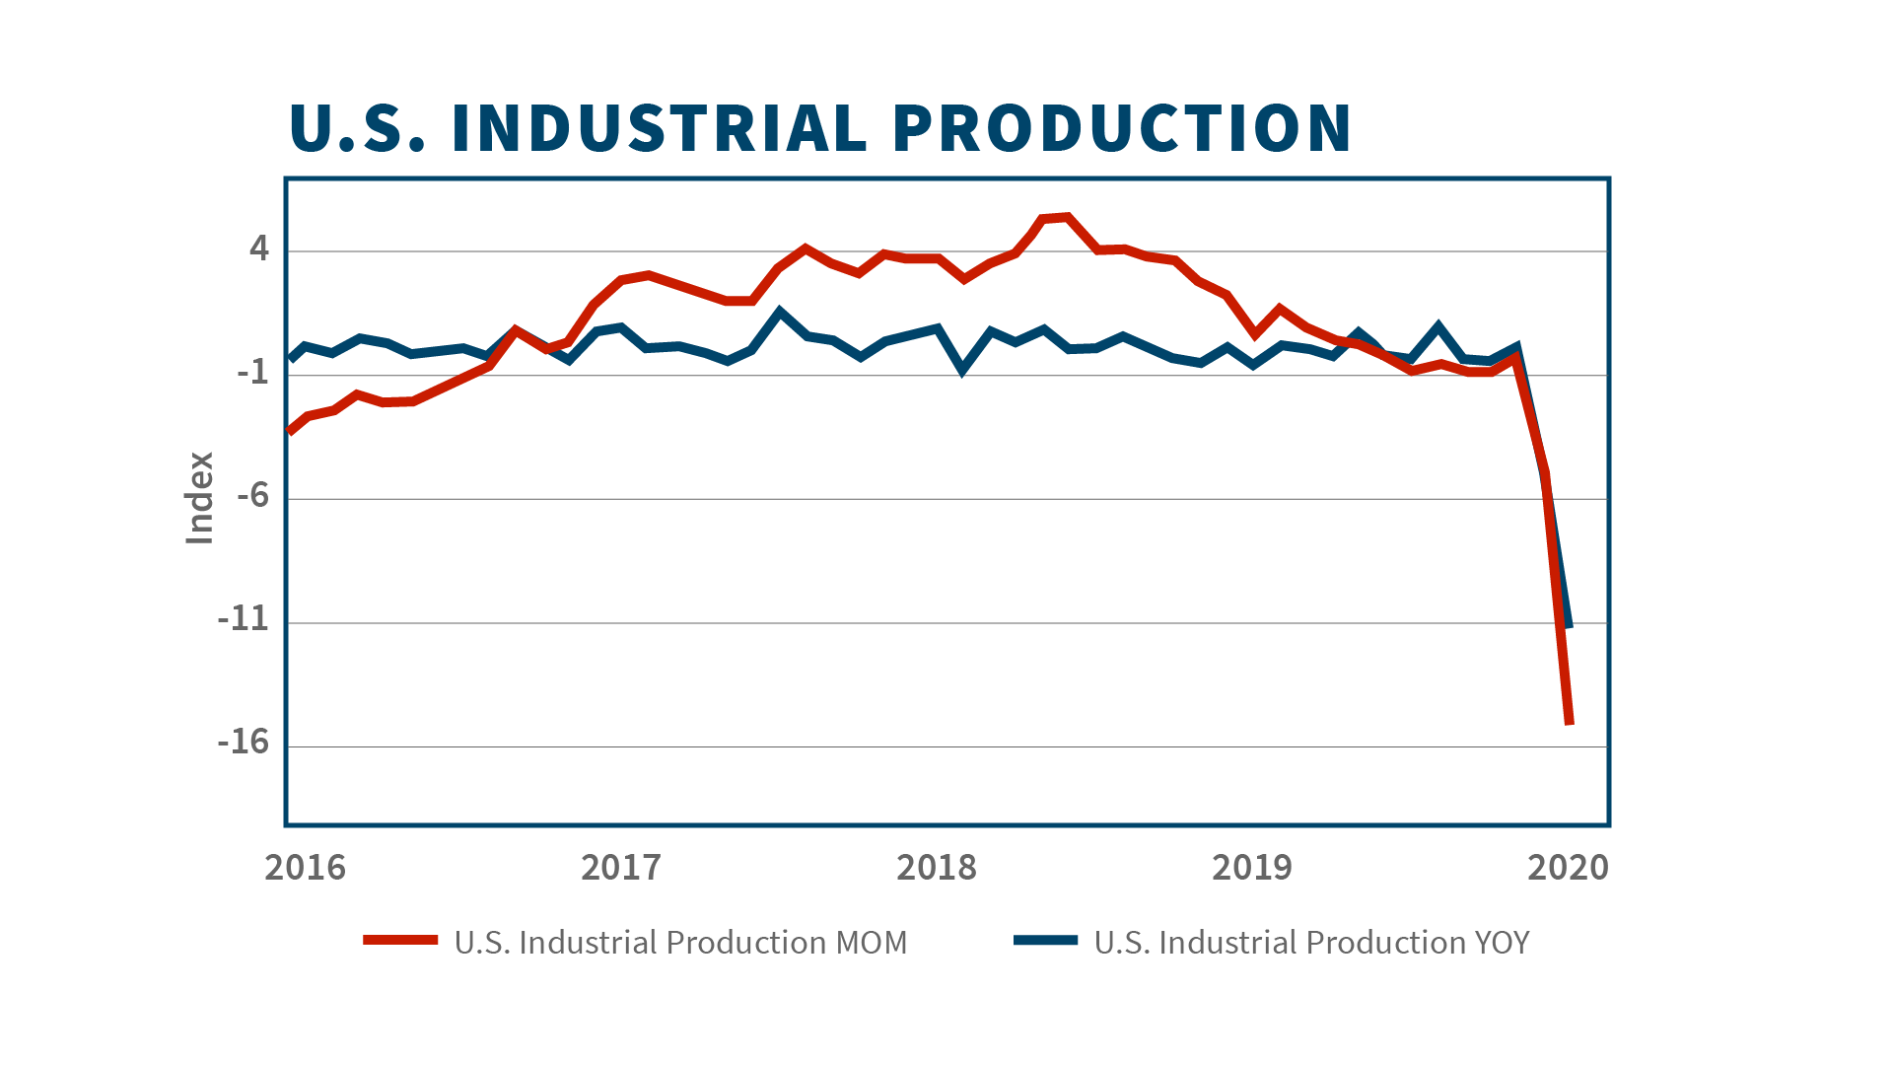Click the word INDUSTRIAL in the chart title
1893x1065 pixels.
point(659,128)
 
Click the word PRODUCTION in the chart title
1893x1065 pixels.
point(1122,128)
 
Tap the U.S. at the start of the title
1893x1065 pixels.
point(357,128)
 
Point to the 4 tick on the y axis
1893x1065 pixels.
point(258,248)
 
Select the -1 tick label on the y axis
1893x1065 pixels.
point(252,372)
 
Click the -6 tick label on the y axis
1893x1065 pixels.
point(252,495)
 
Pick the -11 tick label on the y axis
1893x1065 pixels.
point(244,619)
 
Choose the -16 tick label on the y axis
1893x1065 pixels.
point(244,743)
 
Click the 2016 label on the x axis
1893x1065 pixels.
point(306,868)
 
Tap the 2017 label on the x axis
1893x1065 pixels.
point(621,868)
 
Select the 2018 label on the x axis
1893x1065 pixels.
point(937,868)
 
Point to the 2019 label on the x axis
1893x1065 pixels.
point(1252,868)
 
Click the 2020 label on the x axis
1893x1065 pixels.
point(1568,868)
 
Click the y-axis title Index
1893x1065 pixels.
point(200,498)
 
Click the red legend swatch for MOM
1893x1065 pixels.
point(400,941)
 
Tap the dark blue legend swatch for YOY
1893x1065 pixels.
point(1045,941)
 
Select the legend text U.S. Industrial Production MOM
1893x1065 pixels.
point(680,943)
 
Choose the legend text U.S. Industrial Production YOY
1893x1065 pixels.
point(1311,943)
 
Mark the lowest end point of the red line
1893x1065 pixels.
point(1570,723)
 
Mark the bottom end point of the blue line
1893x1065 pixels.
point(1569,625)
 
